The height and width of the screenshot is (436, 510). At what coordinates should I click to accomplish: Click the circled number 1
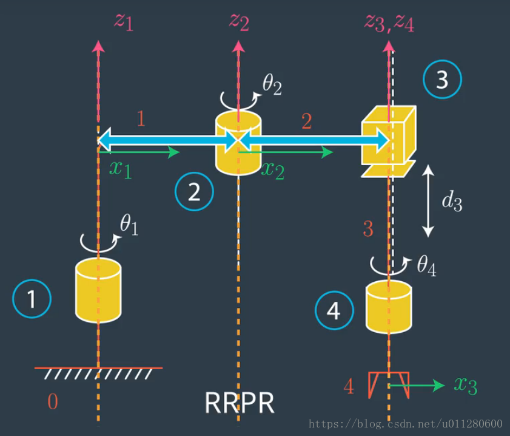pyautogui.click(x=32, y=299)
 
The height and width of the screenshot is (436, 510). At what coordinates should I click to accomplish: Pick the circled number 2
pyautogui.click(x=194, y=192)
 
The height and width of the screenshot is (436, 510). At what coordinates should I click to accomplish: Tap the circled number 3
pyautogui.click(x=442, y=80)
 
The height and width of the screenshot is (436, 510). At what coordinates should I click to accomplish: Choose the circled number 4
pyautogui.click(x=334, y=311)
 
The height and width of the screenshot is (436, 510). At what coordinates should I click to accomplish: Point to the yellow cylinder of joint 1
pyautogui.click(x=98, y=290)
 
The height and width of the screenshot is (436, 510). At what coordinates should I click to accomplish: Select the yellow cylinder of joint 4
pyautogui.click(x=389, y=307)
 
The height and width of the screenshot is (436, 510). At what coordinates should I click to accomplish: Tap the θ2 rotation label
pyautogui.click(x=272, y=87)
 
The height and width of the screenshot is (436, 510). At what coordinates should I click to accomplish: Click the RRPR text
pyautogui.click(x=239, y=403)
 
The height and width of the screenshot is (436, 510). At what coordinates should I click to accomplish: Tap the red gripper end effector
pyautogui.click(x=388, y=385)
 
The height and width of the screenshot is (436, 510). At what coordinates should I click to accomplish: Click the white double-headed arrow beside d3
pyautogui.click(x=428, y=201)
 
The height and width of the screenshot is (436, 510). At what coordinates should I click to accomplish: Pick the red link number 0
pyautogui.click(x=53, y=401)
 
